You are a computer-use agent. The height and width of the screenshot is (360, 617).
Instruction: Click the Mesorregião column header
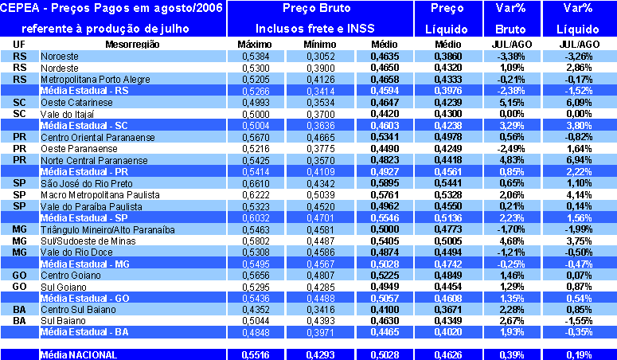coord(132,45)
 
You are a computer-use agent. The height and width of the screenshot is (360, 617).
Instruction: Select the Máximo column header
coord(255,45)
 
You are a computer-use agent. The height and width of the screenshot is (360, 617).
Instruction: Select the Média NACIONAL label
coord(79,354)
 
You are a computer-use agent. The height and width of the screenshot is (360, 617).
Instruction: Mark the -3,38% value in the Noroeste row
coord(510,57)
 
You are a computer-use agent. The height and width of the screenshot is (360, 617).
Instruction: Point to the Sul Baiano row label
coord(61,320)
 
